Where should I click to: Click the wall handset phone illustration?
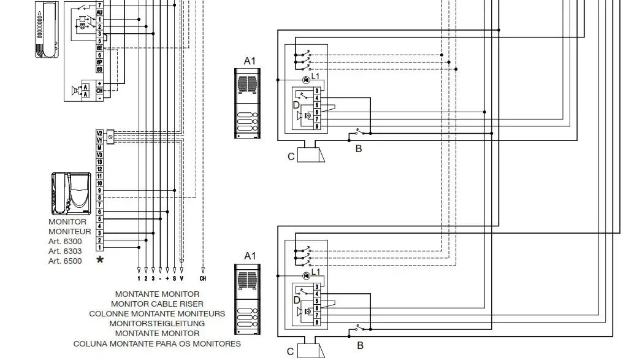tap(47, 29)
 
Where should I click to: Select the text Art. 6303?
tap(65, 251)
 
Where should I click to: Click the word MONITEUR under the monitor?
tap(70, 232)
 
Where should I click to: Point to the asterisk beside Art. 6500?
tap(100, 261)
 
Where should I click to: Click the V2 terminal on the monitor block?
tap(99, 133)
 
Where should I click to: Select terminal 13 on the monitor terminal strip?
tap(99, 162)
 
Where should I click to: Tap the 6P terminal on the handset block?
tap(99, 62)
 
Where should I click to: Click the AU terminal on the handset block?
tap(99, 12)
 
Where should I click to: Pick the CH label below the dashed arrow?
tap(203, 278)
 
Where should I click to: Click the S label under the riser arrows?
tap(174, 278)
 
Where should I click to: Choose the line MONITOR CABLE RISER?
tap(157, 304)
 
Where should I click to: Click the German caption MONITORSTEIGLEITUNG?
tap(157, 323)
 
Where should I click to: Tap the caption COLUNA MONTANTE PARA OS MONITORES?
tap(157, 343)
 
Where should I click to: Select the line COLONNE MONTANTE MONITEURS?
tap(157, 313)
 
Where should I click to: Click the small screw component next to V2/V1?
tap(110, 137)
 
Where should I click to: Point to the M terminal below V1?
tap(99, 148)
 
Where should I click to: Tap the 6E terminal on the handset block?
tap(99, 48)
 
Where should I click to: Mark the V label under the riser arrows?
tap(181, 278)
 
